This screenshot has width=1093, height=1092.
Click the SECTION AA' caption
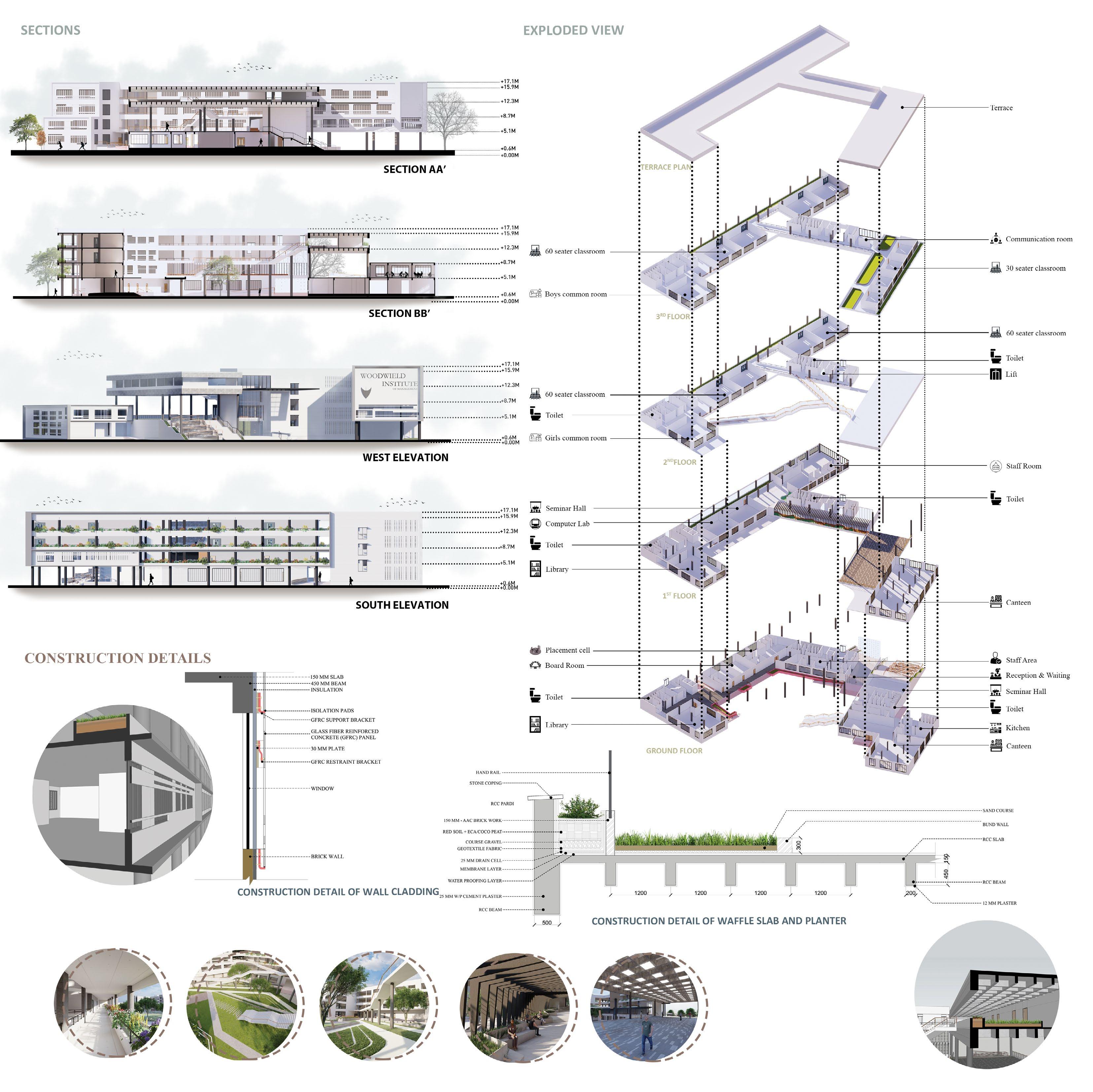coord(414,169)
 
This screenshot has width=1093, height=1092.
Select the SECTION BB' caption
coord(399,314)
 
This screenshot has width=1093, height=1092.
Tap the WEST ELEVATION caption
coord(405,457)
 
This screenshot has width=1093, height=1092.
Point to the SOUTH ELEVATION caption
coord(402,605)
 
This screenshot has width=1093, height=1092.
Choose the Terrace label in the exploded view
coord(1001,108)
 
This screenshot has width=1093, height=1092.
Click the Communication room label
coord(1039,239)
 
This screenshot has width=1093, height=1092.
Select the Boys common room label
coord(575,294)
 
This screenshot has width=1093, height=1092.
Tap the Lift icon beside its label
coord(996,374)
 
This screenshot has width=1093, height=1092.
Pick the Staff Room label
coord(1023,466)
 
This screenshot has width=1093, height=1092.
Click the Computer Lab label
coord(567,524)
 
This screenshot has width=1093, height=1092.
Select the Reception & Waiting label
coord(1038,676)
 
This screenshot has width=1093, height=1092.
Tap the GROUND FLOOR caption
coord(674,751)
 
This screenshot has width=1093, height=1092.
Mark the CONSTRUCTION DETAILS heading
coord(118,658)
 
